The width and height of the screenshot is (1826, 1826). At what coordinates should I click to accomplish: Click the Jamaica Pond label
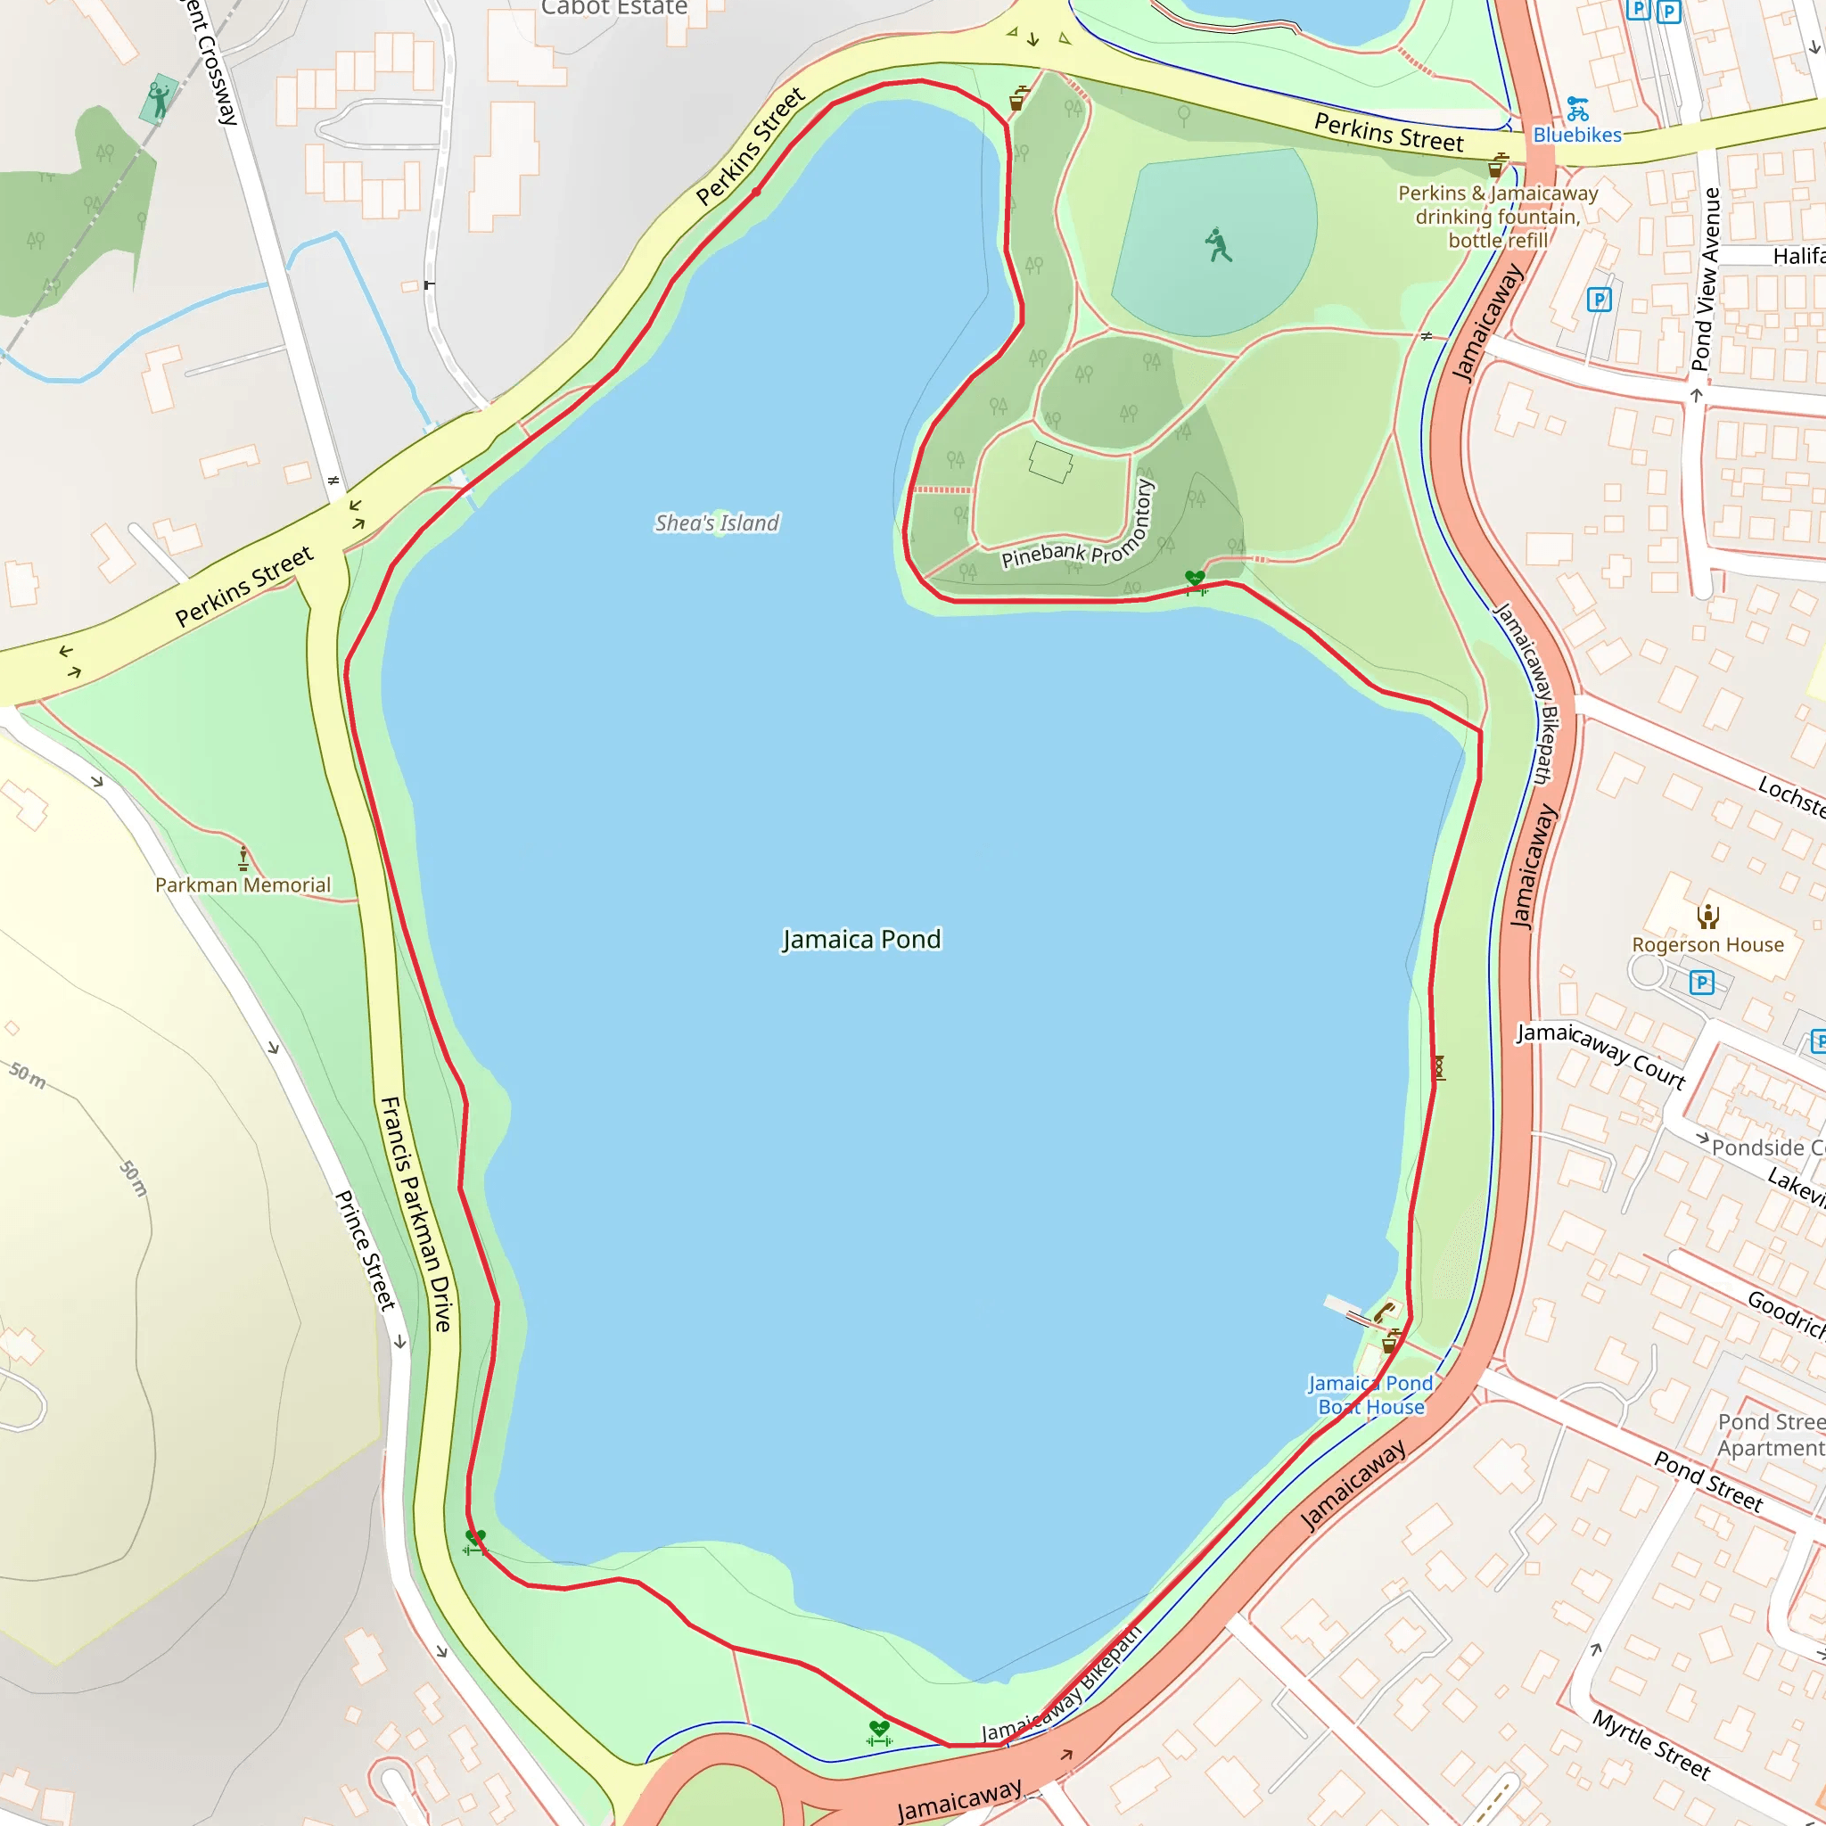[x=861, y=940]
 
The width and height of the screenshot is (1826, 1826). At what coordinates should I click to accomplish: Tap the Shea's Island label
[x=718, y=522]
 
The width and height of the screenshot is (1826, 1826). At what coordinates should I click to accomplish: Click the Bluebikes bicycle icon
[x=1577, y=109]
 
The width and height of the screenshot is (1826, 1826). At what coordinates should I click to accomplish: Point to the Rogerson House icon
[x=1707, y=916]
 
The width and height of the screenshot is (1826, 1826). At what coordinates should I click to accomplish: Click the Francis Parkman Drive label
[x=416, y=1213]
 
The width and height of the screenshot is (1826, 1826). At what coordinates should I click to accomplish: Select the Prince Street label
[x=365, y=1249]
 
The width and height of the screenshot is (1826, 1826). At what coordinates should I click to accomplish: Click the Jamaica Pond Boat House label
[x=1370, y=1395]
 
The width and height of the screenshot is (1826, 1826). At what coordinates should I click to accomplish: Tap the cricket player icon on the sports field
[x=1218, y=245]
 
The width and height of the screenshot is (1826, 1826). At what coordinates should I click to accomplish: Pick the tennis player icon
[x=159, y=97]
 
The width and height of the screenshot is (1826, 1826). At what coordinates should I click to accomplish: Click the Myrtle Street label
[x=1651, y=1744]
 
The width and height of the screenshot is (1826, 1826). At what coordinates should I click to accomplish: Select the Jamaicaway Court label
[x=1601, y=1055]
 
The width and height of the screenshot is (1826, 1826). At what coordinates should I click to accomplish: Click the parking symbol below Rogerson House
[x=1701, y=983]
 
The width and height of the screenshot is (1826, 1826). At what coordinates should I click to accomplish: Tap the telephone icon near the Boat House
[x=1385, y=1312]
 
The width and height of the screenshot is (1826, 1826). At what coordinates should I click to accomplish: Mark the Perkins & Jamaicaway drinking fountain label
[x=1498, y=217]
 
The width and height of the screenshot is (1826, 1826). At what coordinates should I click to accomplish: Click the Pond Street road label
[x=1707, y=1481]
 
